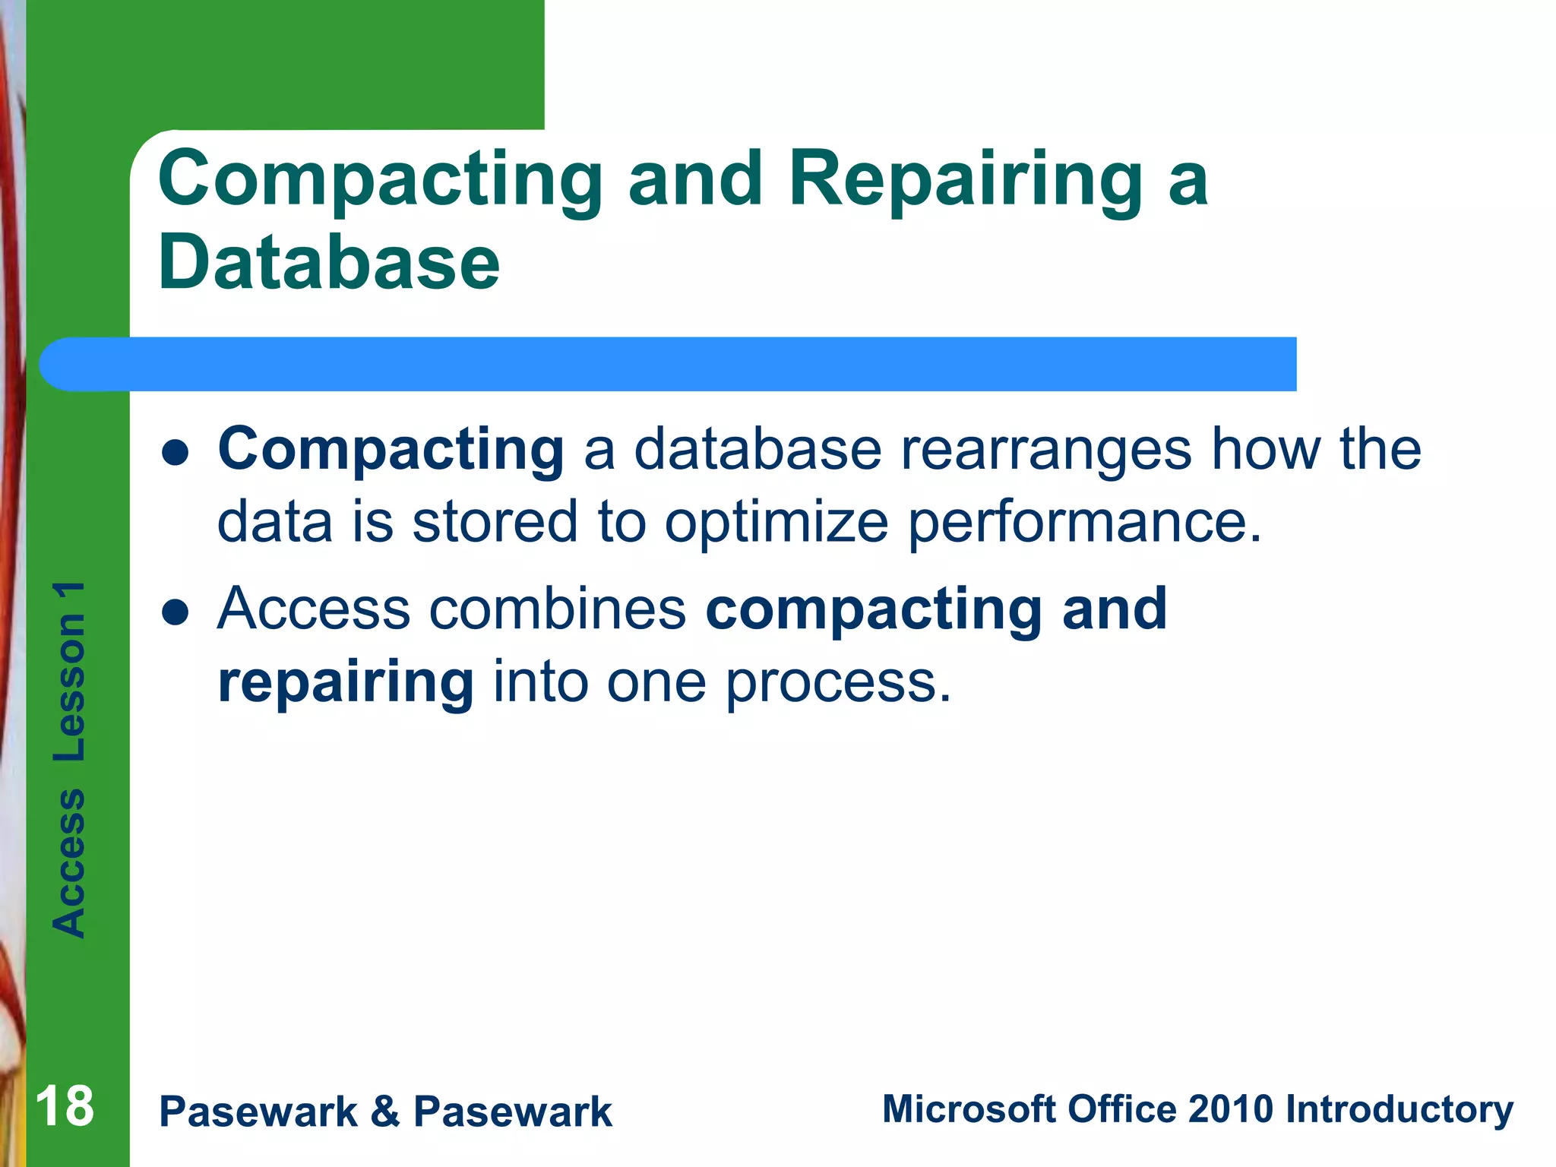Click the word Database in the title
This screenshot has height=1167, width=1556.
[x=328, y=263]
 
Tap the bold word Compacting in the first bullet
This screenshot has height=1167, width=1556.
[x=391, y=450]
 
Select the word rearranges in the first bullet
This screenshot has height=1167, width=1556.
[x=1045, y=450]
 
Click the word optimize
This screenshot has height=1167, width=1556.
[x=776, y=523]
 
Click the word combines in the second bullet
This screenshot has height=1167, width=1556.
[x=558, y=609]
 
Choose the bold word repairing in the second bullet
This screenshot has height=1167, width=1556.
[x=346, y=682]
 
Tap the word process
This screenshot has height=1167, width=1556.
[x=837, y=682]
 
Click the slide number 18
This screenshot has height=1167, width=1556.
[x=65, y=1107]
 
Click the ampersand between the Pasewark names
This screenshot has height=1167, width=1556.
[x=385, y=1112]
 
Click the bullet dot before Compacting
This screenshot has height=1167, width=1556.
[x=175, y=454]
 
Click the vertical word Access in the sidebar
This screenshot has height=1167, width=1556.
[x=69, y=862]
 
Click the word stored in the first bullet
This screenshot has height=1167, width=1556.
[x=495, y=523]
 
